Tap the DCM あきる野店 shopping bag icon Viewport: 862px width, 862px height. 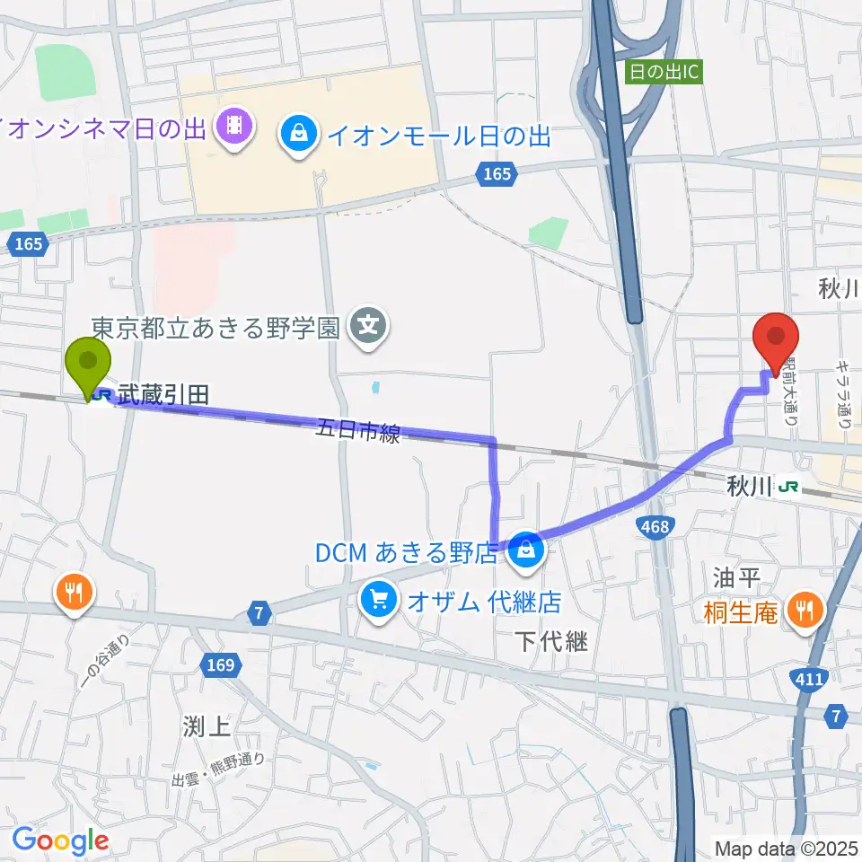[x=525, y=549]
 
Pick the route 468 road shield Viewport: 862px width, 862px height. [x=655, y=527]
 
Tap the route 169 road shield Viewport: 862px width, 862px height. [x=224, y=666]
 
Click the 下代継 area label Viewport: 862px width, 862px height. [x=551, y=642]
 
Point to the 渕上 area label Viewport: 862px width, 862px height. [x=206, y=726]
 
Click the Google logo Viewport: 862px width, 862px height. [x=59, y=840]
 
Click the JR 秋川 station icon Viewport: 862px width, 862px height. [x=789, y=487]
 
